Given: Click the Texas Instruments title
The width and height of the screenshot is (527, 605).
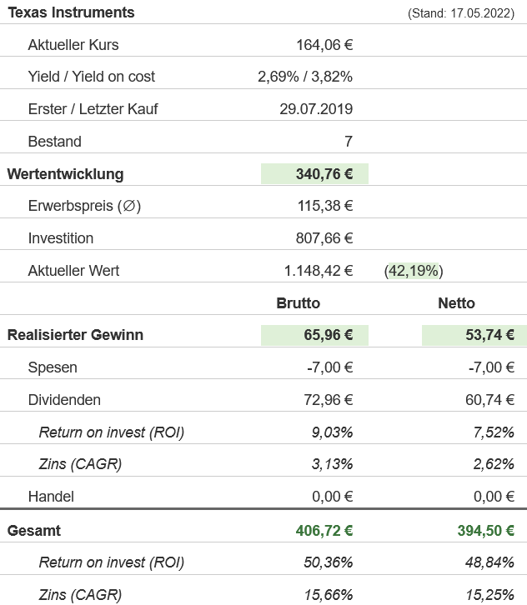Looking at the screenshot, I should [x=71, y=12].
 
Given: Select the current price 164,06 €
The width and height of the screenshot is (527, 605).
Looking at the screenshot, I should [x=324, y=45].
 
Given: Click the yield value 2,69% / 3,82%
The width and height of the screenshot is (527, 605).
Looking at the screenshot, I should [x=305, y=77].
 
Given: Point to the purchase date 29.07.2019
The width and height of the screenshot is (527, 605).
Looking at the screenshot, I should [x=316, y=109].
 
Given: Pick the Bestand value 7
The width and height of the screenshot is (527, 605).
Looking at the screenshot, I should [x=348, y=142].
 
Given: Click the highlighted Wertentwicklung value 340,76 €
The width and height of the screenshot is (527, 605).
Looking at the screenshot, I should [x=324, y=174].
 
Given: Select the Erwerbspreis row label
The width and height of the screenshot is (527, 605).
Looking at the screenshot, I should [x=84, y=206].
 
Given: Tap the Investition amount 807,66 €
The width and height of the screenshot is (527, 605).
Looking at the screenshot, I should [x=324, y=238].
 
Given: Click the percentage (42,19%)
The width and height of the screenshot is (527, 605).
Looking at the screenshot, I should [x=414, y=271].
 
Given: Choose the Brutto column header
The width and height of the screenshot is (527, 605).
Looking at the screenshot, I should [x=298, y=303].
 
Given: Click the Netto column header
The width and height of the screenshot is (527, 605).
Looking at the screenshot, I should [x=456, y=303].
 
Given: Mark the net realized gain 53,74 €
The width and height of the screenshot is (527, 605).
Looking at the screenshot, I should [x=489, y=335].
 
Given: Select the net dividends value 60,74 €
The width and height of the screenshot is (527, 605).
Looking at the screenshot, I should [x=489, y=400].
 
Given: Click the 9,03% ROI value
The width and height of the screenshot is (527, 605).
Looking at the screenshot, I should [x=331, y=432].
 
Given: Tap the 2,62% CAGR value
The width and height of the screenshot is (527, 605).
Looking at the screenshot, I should [x=493, y=464].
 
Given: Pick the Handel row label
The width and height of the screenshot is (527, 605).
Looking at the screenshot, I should [x=51, y=497].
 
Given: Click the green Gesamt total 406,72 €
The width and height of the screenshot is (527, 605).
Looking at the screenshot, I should [x=324, y=531].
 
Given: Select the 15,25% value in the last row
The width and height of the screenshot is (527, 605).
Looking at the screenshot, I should [x=489, y=595].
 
